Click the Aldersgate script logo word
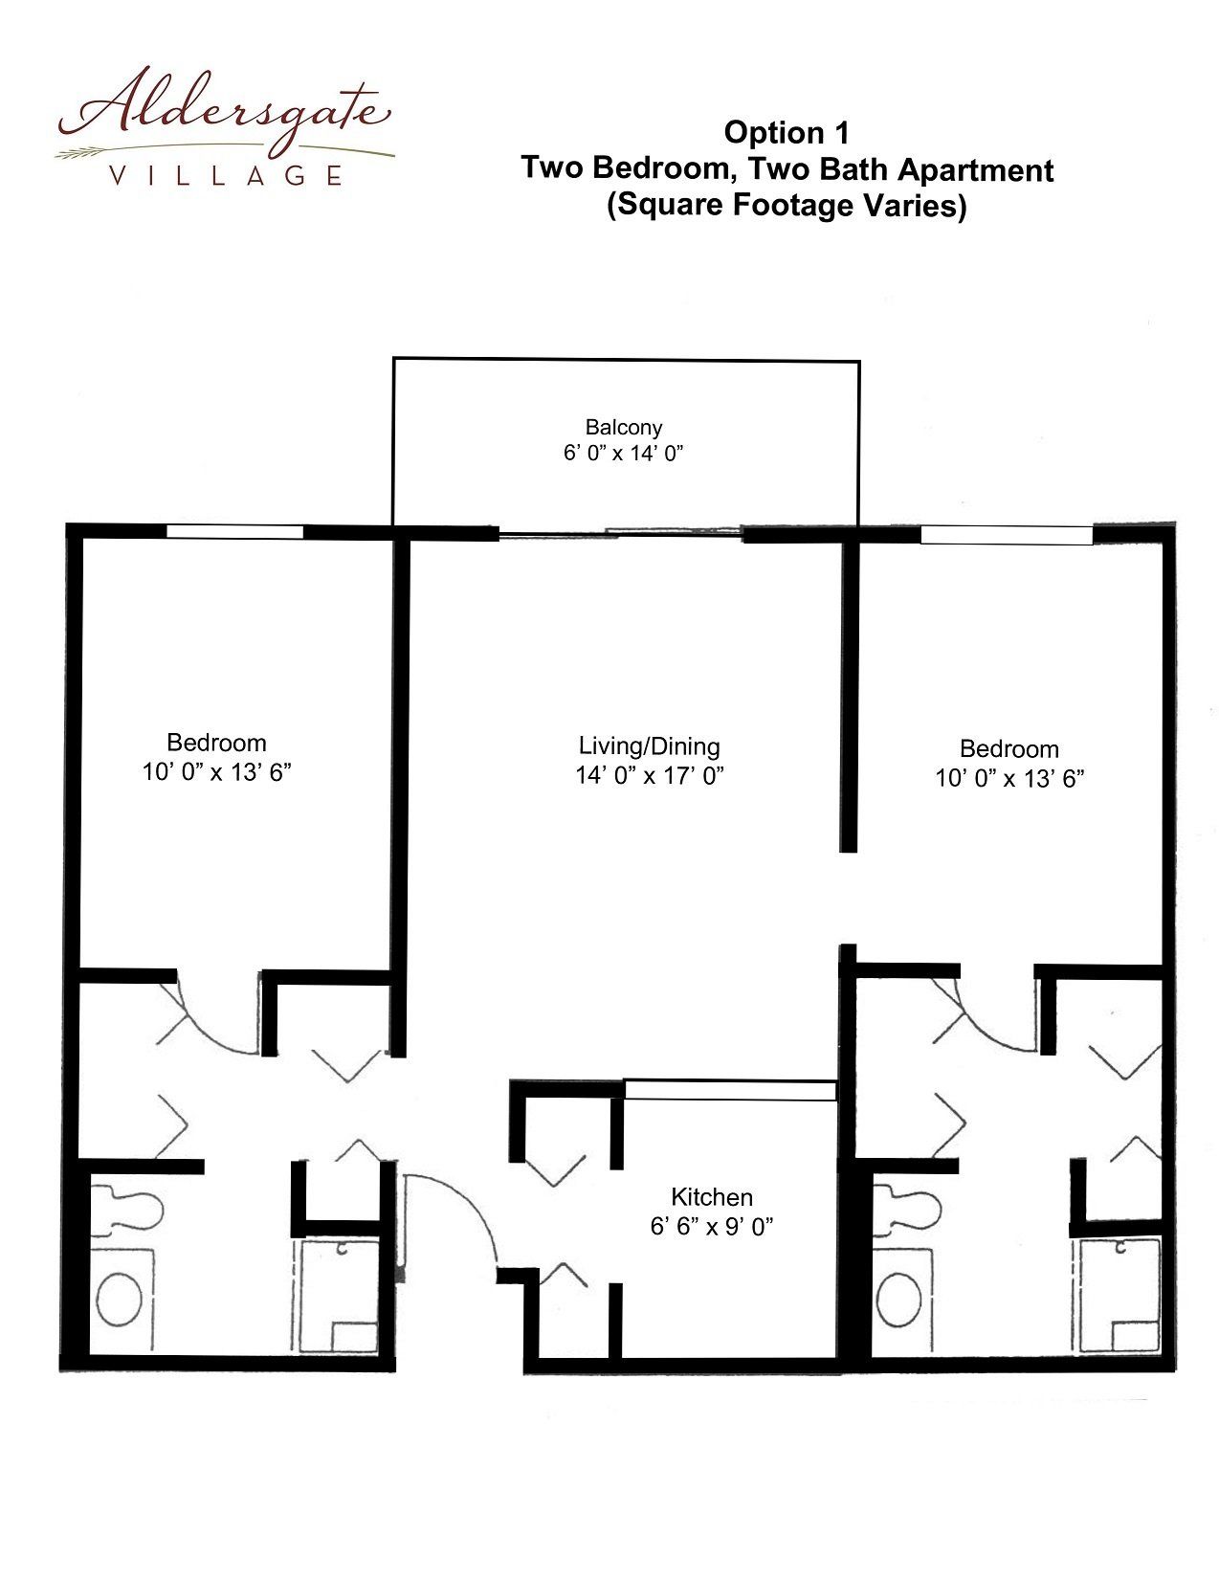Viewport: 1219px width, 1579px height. [x=224, y=113]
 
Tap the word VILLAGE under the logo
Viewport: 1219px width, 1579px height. [x=225, y=175]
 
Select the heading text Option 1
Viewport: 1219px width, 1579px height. [x=786, y=133]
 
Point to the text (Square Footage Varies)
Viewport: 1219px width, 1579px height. [x=787, y=205]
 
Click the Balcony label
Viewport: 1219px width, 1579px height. [x=623, y=427]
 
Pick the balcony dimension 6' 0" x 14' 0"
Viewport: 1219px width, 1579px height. [x=623, y=454]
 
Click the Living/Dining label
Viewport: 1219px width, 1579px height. [x=650, y=746]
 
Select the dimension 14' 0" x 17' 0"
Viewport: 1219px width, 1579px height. [x=650, y=775]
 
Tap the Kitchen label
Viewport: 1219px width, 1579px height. [x=711, y=1197]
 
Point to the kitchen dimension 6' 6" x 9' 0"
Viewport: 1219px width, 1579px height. [x=711, y=1227]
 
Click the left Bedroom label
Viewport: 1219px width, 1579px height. [x=216, y=743]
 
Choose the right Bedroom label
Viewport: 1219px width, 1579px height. [x=1009, y=749]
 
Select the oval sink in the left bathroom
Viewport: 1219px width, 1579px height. [x=120, y=1298]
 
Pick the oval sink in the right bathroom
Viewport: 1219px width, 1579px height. [x=898, y=1298]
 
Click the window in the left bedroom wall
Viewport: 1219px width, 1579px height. [x=234, y=532]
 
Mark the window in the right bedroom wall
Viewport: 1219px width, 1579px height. [x=1007, y=535]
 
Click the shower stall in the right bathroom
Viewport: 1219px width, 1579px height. [x=1119, y=1296]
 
